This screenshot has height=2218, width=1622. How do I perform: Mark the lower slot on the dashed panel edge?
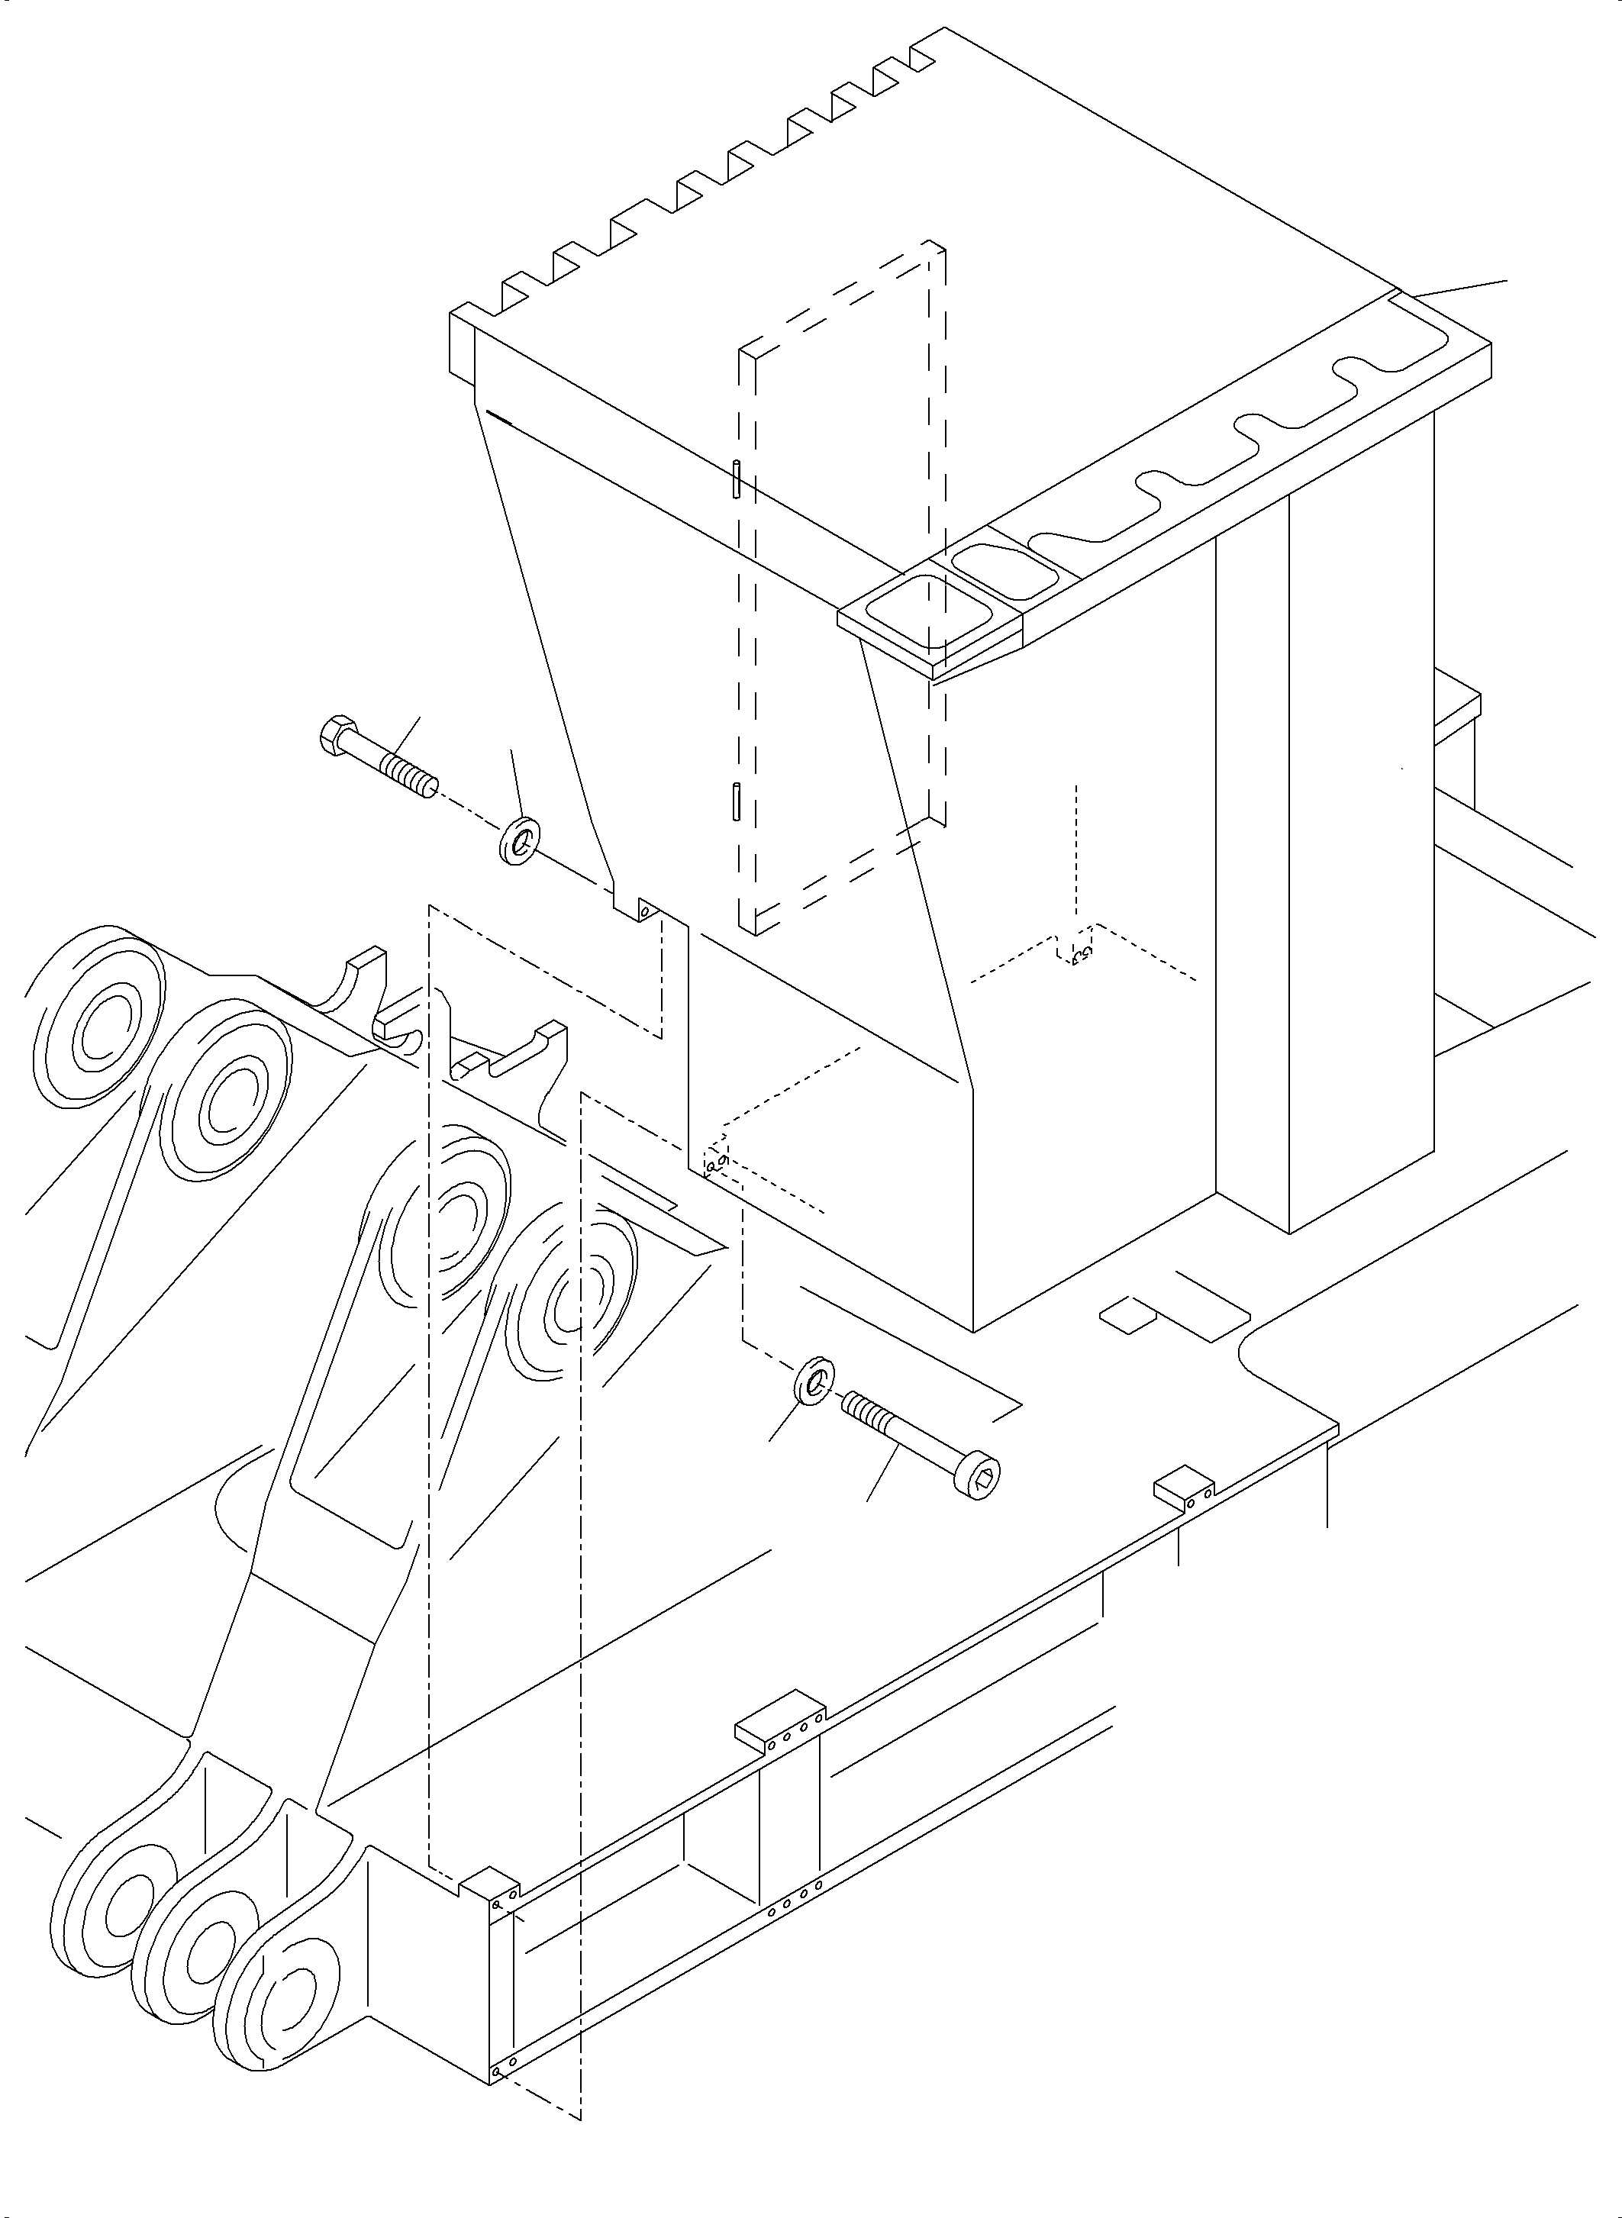[735, 799]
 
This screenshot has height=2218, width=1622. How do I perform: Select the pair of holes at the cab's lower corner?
[716, 1162]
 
